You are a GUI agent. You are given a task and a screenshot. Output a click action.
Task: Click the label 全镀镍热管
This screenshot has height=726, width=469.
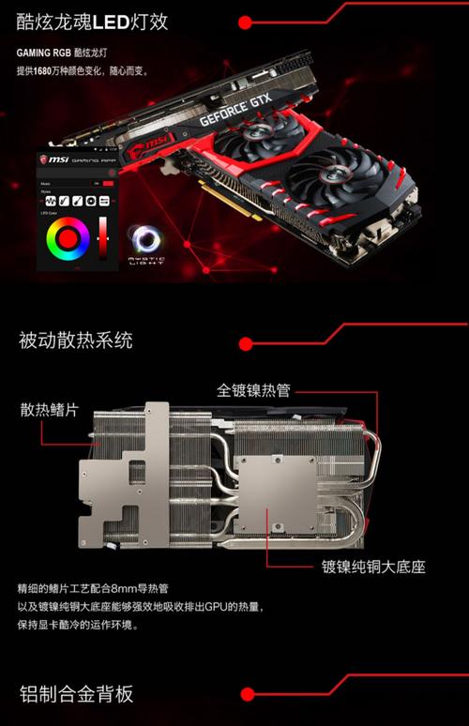point(254,388)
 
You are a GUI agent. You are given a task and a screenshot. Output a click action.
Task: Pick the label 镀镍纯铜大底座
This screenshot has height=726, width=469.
point(373,567)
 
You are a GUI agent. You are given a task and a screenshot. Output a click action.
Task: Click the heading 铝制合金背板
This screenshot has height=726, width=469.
point(76,694)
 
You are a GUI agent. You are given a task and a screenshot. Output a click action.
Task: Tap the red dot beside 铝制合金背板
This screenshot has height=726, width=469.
point(248,694)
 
